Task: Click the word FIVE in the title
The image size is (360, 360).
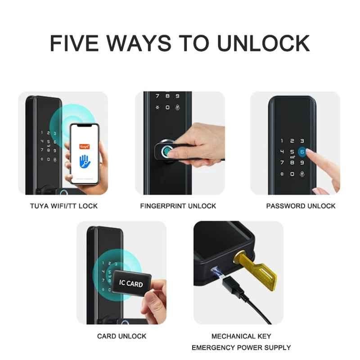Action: coord(74,43)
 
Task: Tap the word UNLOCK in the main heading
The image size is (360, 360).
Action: coord(263,43)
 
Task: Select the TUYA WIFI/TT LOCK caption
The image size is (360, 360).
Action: coord(64,206)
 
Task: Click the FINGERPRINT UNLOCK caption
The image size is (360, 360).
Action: coord(178,206)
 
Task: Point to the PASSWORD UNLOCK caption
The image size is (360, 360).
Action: coord(301,206)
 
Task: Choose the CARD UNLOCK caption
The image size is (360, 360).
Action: coord(121,336)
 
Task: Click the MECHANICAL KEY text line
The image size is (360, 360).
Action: coord(241,336)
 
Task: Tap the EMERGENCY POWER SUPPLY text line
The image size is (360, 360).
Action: coord(241,347)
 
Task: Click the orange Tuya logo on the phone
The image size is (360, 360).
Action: coord(85,147)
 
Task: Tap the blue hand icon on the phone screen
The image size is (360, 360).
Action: coord(85,161)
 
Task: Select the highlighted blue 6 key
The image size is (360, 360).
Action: coord(302,152)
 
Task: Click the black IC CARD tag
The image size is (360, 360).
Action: coord(131,283)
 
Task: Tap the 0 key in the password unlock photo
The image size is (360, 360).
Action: coord(292,174)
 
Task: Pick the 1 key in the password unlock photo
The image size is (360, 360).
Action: coord(282,141)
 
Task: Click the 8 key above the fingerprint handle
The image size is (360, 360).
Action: coord(167,96)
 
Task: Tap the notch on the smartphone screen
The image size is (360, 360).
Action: coord(85,126)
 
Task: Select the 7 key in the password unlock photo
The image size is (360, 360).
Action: coord(282,162)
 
